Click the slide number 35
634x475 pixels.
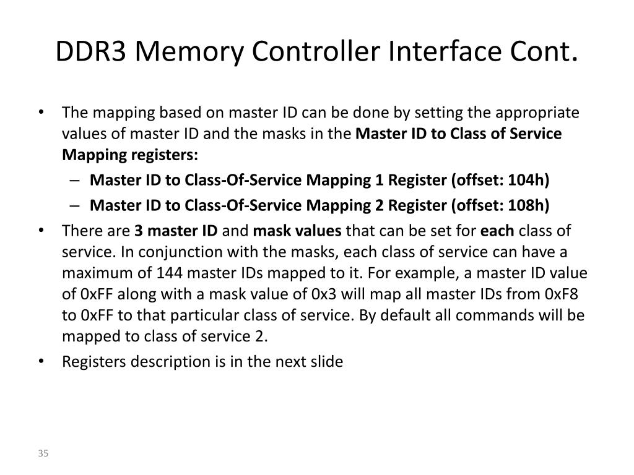point(43,454)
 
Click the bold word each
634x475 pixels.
point(498,231)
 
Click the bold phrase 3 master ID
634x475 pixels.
point(176,231)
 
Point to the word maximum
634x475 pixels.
point(92,273)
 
